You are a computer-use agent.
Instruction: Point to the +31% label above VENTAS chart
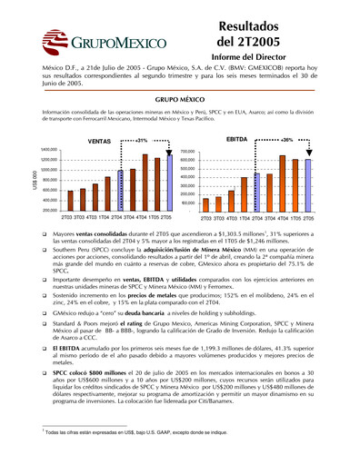click(x=141, y=141)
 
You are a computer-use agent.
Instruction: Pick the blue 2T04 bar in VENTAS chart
click(x=119, y=191)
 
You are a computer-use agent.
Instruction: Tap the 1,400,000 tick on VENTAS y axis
click(x=48, y=149)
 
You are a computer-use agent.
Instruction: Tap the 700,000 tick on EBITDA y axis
click(x=188, y=152)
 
